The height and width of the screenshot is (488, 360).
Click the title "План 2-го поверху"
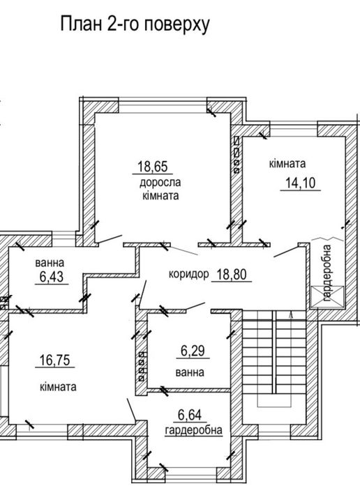(x=135, y=25)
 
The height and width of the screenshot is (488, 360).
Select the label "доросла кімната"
(x=160, y=190)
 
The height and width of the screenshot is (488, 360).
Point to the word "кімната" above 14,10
(x=288, y=164)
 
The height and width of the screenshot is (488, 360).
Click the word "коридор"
(x=188, y=274)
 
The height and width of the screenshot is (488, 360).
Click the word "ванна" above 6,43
(x=50, y=264)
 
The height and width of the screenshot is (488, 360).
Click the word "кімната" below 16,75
(x=58, y=386)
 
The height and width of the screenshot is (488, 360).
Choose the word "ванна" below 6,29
(x=190, y=373)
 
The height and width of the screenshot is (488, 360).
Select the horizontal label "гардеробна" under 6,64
(x=194, y=430)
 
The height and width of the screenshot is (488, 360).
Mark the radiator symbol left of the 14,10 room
(x=237, y=155)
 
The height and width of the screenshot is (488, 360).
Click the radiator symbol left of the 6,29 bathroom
(x=143, y=363)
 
